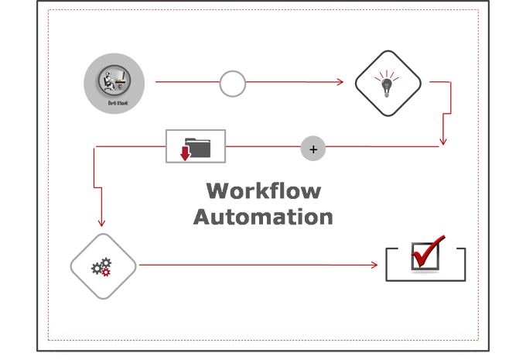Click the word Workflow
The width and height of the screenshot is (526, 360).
coord(263,190)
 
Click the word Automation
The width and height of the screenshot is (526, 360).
coord(263,216)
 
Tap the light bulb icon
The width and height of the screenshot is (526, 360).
coord(388,84)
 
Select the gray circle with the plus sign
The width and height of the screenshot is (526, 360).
coord(313,149)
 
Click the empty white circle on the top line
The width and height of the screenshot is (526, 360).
coord(233,84)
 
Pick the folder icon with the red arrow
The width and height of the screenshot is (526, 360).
coord(196,146)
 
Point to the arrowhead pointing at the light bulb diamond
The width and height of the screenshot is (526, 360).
coord(340,81)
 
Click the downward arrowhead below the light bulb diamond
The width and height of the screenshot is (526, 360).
coord(442,141)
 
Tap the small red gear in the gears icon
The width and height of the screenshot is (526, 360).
coord(107,271)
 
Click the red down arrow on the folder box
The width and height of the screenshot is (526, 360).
coord(185,150)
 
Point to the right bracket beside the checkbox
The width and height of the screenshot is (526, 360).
coord(462,263)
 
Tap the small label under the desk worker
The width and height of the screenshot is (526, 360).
coord(114,101)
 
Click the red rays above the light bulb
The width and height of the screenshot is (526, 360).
coord(388,74)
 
